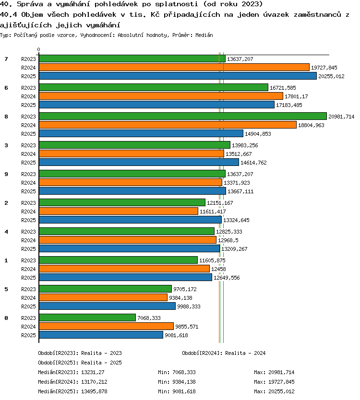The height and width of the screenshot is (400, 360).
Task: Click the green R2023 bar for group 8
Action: coord(183,116)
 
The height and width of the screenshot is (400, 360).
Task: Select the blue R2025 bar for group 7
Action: coord(178,76)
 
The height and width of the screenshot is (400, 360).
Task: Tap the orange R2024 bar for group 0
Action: coord(106,326)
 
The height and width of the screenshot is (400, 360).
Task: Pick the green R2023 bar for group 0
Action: coord(87,318)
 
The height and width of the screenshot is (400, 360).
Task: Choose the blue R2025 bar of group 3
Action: coord(139,162)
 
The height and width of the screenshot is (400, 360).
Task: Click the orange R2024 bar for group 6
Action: coord(161,96)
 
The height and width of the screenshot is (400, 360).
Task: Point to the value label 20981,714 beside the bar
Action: coord(341,117)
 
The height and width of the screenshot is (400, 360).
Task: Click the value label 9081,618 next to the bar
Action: coord(176,335)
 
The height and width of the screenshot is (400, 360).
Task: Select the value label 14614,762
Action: coord(253,163)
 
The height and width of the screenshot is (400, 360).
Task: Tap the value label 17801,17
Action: coord(296,96)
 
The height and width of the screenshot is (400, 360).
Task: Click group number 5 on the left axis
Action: coord(6,289)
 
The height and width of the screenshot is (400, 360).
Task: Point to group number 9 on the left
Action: coord(6,174)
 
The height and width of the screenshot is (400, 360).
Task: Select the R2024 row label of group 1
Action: coord(28,269)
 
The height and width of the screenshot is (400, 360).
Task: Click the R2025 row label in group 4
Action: coord(28,249)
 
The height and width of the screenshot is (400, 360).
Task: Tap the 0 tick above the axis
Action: coord(38,49)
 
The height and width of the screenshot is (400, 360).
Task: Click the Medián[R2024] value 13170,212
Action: coord(94,382)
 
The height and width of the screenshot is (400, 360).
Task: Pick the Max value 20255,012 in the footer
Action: coord(281,391)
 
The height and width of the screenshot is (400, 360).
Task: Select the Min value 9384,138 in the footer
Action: coord(184,382)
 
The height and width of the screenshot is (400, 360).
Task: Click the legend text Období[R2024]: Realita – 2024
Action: coord(224,353)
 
